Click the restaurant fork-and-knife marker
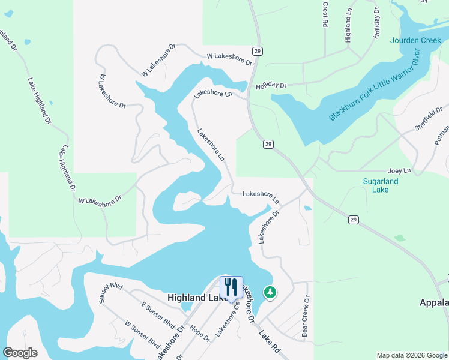pyautogui.click(x=231, y=288)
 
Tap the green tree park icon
pyautogui.click(x=270, y=293)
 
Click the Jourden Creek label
pyautogui.click(x=415, y=41)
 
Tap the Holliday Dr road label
pyautogui.click(x=271, y=86)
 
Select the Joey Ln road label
pyautogui.click(x=399, y=170)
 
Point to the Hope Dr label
pyautogui.click(x=199, y=333)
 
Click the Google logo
pyautogui.click(x=20, y=353)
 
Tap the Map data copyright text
pyautogui.click(x=411, y=355)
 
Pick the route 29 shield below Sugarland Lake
pyautogui.click(x=354, y=220)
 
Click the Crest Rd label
pyautogui.click(x=325, y=14)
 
